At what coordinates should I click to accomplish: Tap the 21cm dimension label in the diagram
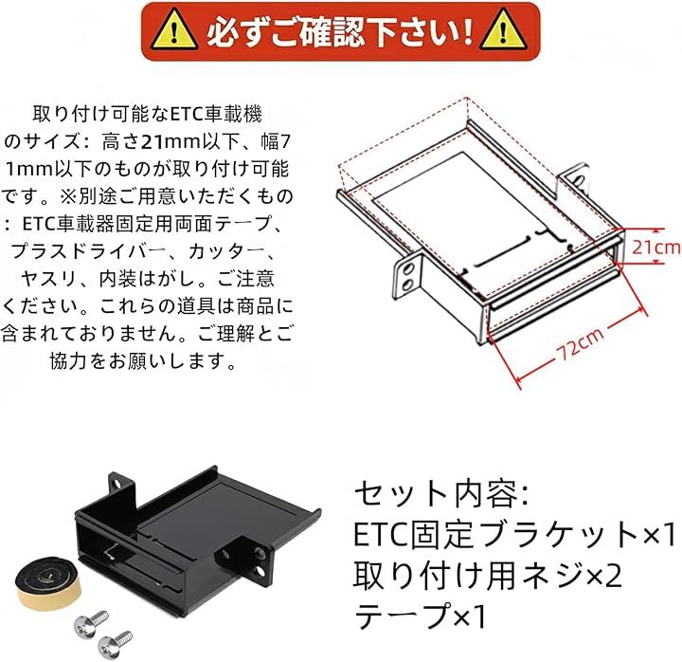[x=655, y=247]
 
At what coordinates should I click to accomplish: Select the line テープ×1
[x=420, y=617]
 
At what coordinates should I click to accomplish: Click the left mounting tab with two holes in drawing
[x=405, y=266]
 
